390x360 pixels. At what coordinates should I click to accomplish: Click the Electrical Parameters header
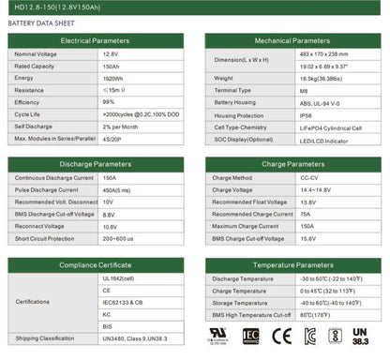point(95,41)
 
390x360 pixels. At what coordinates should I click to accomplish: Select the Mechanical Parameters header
point(292,41)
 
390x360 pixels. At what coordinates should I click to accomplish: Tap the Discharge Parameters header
point(95,164)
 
